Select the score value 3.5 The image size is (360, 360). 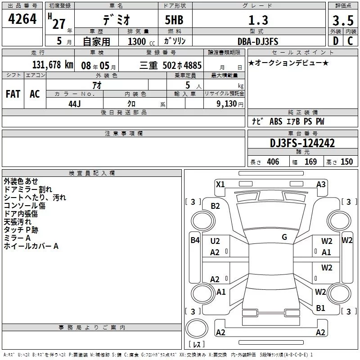click(343, 21)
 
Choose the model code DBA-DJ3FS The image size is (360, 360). click(258, 41)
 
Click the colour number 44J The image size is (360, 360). click(74, 103)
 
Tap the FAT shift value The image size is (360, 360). click(13, 94)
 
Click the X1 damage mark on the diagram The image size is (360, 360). click(220, 184)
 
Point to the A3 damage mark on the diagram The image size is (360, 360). click(321, 184)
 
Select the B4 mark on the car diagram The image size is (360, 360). click(195, 240)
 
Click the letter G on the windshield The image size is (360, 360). click(284, 237)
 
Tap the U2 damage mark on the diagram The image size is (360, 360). click(215, 241)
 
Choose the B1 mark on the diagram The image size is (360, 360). click(320, 308)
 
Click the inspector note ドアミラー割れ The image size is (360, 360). click(28, 189)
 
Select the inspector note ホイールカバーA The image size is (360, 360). click(31, 246)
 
